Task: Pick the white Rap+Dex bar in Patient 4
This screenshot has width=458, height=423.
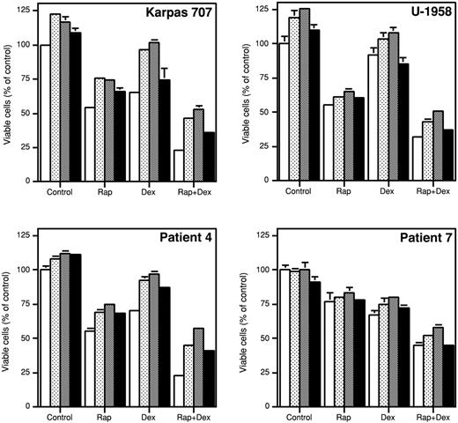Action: (180, 391)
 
